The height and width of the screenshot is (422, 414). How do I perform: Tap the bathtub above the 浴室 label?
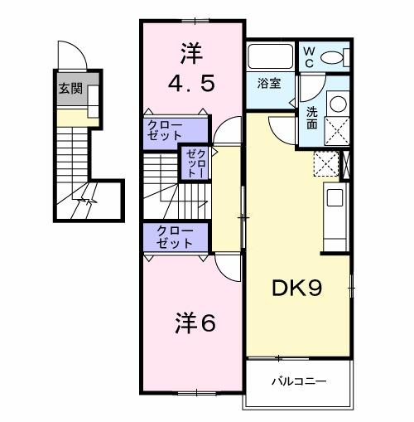click(x=269, y=58)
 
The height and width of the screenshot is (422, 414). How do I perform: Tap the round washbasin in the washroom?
click(x=338, y=104)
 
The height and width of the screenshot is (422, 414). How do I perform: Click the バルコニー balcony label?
click(x=298, y=382)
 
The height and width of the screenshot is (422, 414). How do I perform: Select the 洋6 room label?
click(x=195, y=323)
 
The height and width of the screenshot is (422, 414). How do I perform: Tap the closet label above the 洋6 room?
click(x=175, y=237)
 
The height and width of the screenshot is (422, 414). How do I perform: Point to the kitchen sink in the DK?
click(x=335, y=197)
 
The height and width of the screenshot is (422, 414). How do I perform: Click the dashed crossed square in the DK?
click(x=327, y=164)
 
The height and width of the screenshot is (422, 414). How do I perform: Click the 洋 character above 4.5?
click(x=190, y=52)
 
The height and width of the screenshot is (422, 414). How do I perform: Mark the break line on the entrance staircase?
click(x=84, y=201)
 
